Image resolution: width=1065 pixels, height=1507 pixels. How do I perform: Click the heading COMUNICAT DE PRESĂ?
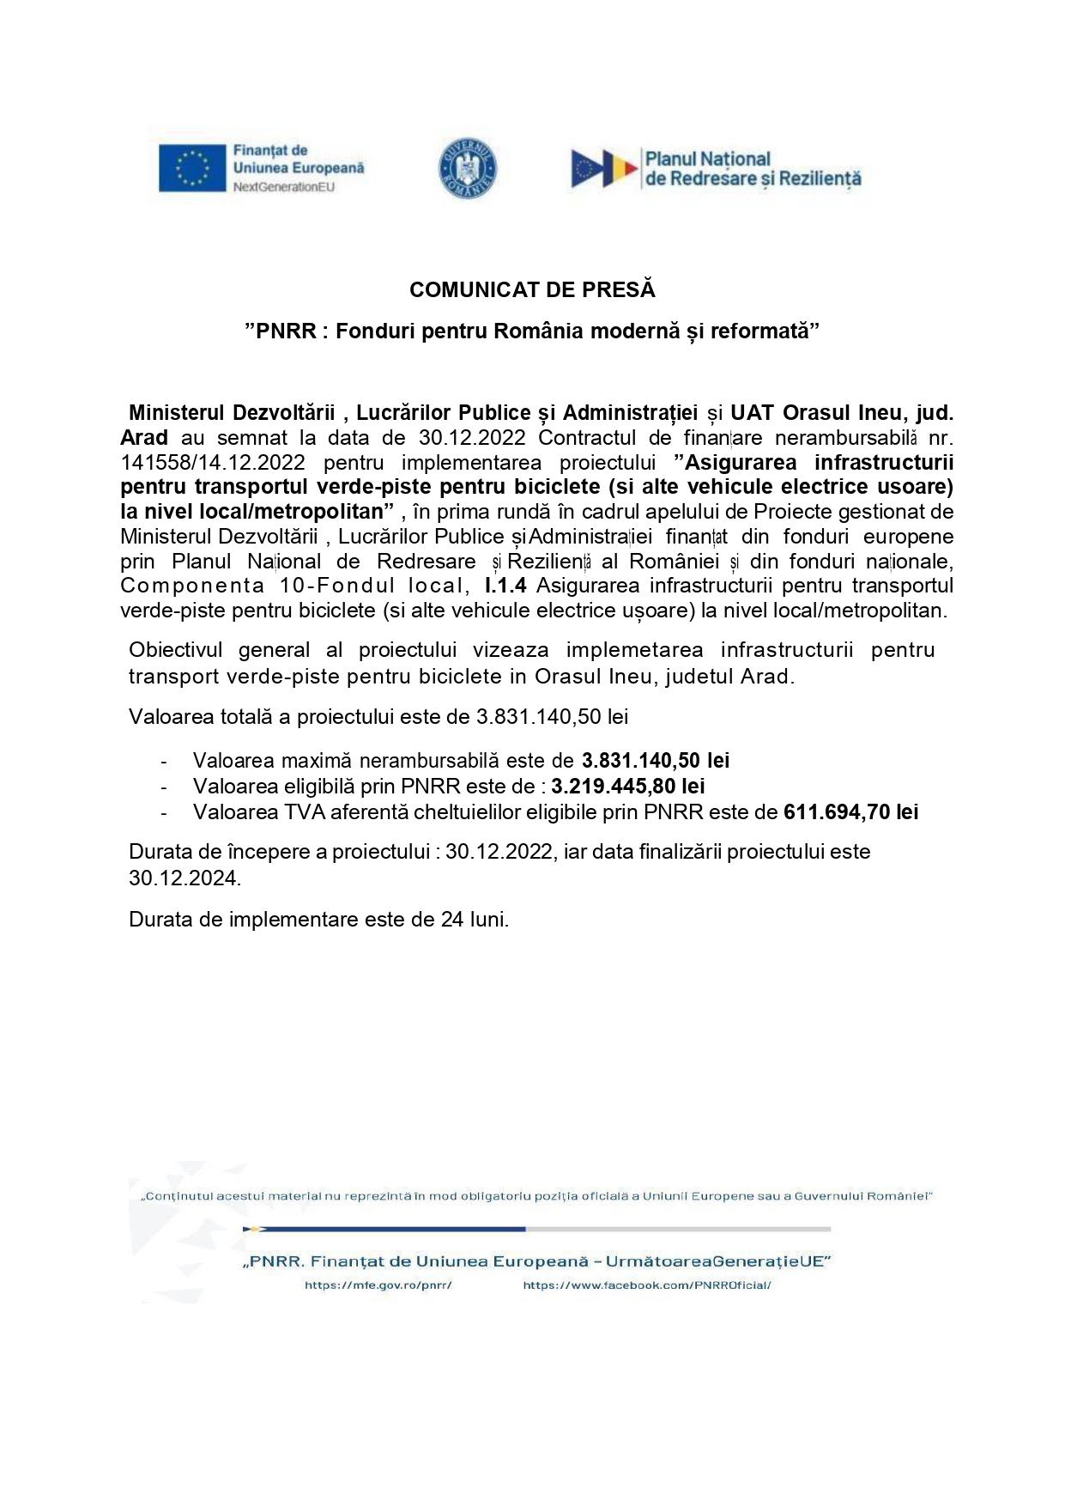[532, 290]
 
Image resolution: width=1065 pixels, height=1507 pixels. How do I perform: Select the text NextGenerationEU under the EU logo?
[284, 187]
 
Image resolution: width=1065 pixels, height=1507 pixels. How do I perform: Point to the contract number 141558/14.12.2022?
[213, 462]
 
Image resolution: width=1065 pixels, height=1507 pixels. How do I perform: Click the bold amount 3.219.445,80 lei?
[628, 786]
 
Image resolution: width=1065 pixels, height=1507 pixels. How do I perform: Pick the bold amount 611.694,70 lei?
[851, 811]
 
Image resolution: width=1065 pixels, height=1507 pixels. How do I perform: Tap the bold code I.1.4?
[505, 586]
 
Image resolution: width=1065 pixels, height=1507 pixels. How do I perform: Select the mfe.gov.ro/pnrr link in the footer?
[378, 1285]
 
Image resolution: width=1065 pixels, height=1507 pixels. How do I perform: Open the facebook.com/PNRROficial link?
[647, 1285]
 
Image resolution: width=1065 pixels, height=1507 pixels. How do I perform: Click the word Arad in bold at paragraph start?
[144, 437]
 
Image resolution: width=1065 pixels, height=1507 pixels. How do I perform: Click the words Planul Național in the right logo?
[708, 159]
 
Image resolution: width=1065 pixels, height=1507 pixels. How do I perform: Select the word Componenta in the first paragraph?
[192, 586]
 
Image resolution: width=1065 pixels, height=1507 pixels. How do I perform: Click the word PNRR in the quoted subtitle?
[286, 331]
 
